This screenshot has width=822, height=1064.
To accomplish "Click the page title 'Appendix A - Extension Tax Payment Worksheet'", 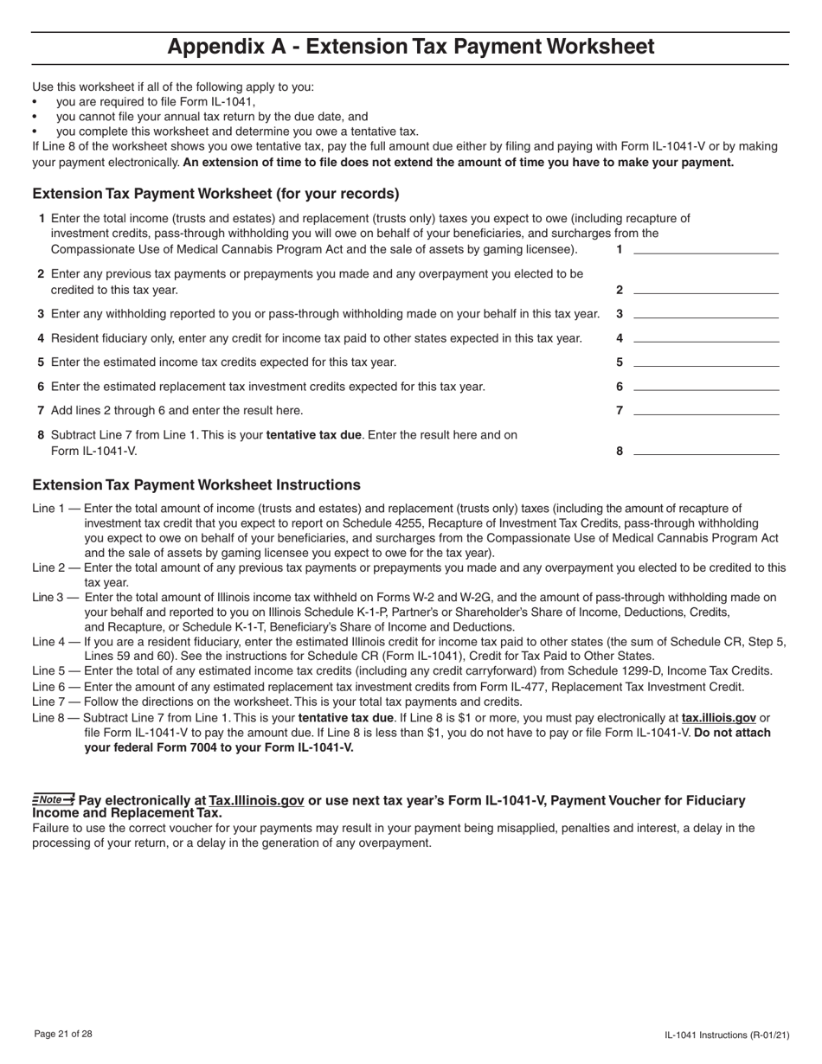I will click(410, 47).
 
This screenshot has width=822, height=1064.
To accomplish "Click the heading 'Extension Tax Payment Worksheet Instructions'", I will click(196, 485).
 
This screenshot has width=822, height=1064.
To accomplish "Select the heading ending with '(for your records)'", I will click(215, 194).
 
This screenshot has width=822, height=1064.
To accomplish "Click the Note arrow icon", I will click(54, 799).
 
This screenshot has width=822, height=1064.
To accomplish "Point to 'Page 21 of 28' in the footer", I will click(63, 1034).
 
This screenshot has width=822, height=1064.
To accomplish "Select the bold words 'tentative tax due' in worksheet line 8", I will click(314, 435).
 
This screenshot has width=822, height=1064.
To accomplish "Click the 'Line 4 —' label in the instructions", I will click(56, 642).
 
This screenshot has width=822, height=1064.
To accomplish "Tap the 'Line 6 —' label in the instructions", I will click(56, 687).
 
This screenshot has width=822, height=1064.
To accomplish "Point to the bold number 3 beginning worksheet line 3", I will click(41, 313).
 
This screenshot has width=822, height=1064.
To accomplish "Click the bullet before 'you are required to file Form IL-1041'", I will click(35, 102).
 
